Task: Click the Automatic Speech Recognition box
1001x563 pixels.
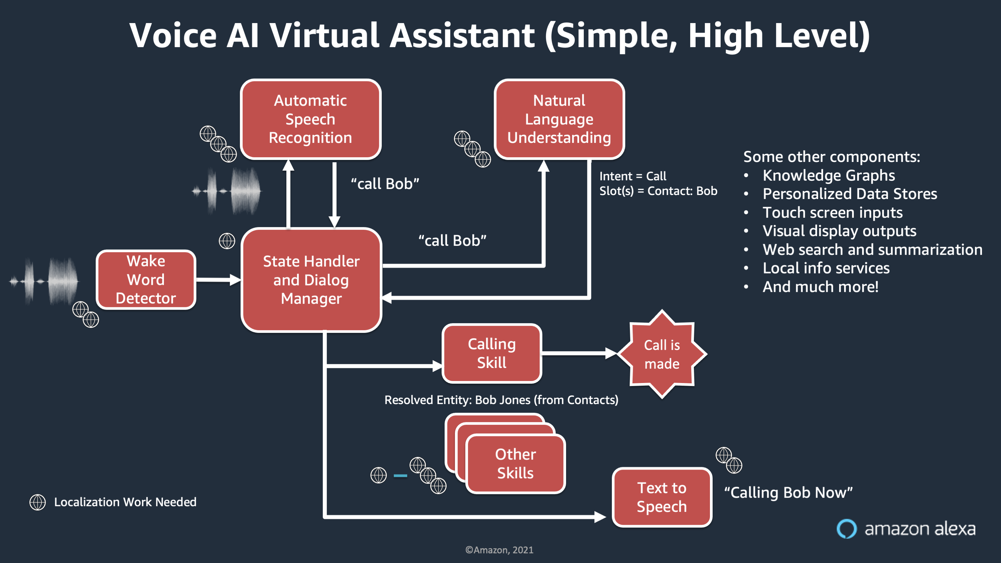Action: (310, 119)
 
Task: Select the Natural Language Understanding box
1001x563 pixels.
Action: (559, 119)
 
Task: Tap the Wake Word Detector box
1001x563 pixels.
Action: (146, 279)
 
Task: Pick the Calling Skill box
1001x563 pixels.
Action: (492, 353)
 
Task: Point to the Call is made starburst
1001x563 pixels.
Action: (662, 354)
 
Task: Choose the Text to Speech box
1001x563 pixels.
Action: (662, 497)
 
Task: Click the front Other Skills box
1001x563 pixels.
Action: (515, 464)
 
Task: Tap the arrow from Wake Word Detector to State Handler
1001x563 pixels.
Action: (218, 279)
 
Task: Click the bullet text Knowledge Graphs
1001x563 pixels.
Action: (828, 175)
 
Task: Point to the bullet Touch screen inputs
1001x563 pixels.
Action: (832, 213)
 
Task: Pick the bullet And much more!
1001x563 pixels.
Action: (820, 287)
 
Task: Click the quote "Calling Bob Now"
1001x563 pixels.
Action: (788, 493)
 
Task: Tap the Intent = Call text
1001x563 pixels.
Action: (633, 176)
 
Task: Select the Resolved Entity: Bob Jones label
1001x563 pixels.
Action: (501, 400)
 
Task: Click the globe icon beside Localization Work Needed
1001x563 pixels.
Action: (38, 502)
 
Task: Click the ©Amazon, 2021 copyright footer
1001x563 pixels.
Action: (499, 550)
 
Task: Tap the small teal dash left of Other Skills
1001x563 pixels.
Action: (400, 476)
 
